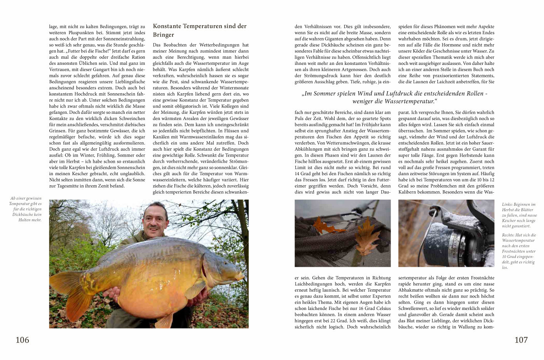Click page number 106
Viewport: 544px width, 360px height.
(x=22, y=340)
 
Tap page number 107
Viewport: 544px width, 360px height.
(x=521, y=340)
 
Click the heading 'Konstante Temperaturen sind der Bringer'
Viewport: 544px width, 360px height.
(x=200, y=30)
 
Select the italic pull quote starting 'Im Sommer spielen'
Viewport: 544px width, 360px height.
(x=394, y=97)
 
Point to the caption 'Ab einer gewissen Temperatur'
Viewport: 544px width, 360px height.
(x=26, y=209)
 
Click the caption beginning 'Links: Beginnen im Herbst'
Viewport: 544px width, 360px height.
(x=519, y=215)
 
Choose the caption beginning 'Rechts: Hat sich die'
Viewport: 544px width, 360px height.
(x=519, y=251)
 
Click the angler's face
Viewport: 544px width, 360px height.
(x=155, y=220)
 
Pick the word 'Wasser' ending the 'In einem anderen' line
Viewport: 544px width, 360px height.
(x=383, y=315)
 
